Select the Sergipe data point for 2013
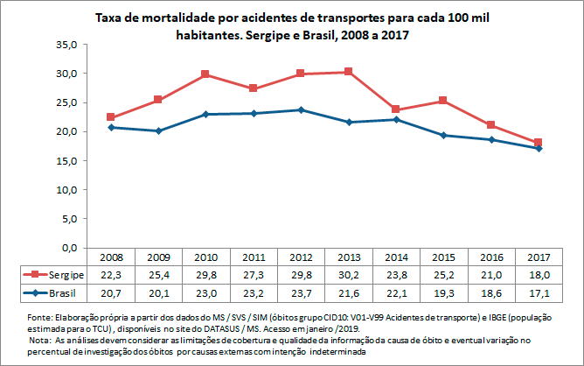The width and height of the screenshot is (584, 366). click(x=349, y=72)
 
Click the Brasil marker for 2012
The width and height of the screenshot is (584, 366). click(x=301, y=109)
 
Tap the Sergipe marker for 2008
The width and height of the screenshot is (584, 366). click(x=111, y=117)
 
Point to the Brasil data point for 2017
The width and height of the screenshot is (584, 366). click(x=539, y=148)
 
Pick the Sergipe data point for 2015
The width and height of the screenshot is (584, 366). click(x=444, y=101)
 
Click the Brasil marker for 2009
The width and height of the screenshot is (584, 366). click(x=158, y=130)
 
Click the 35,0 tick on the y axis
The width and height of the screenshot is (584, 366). click(x=67, y=45)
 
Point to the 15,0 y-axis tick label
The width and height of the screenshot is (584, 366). click(x=67, y=160)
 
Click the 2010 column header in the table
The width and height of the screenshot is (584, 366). click(x=206, y=257)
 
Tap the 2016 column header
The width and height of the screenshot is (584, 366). click(x=491, y=257)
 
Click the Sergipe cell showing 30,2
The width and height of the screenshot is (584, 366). click(x=349, y=274)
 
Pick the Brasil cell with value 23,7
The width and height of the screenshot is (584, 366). click(x=301, y=291)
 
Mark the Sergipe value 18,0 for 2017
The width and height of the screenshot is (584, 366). click(x=539, y=274)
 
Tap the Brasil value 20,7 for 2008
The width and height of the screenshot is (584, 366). click(x=111, y=291)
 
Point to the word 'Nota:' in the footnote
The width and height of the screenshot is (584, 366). click(x=41, y=338)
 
